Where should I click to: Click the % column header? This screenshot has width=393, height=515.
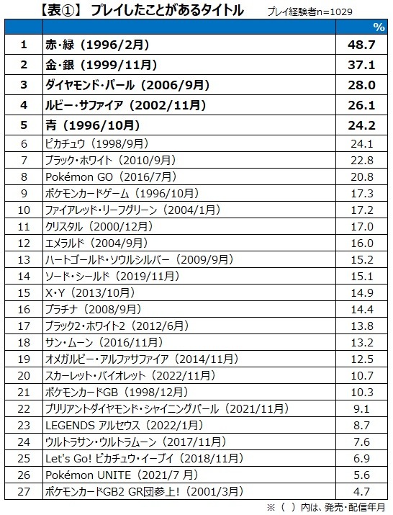379,27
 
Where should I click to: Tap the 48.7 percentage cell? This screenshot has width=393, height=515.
361,45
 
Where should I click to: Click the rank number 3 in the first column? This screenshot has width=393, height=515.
24,85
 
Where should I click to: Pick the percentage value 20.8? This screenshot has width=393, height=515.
362,176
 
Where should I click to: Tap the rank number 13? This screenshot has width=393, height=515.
24,260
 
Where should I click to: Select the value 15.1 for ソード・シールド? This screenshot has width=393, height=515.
362,276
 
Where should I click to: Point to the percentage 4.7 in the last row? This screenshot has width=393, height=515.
362,492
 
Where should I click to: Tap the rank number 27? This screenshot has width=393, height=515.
24,492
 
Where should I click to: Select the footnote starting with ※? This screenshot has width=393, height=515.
325,508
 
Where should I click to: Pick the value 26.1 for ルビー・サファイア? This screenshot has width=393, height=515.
361,105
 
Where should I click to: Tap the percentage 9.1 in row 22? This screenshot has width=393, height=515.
362,408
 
